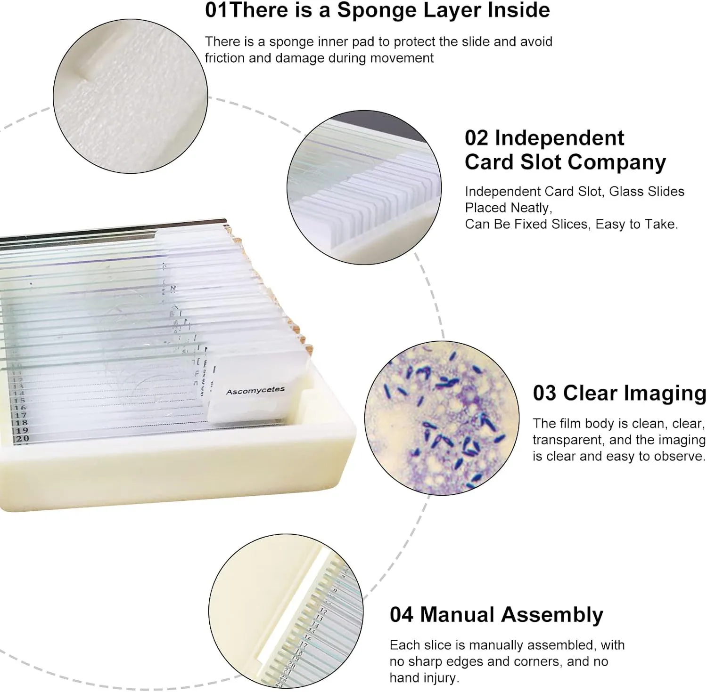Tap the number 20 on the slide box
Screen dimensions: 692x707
22,438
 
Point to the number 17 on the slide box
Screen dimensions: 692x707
20,415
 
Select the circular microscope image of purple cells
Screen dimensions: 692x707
442,418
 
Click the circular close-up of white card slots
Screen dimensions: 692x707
364,187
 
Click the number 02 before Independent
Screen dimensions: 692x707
477,138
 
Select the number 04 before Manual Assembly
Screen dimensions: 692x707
402,615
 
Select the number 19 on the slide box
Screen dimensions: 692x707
22,430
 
